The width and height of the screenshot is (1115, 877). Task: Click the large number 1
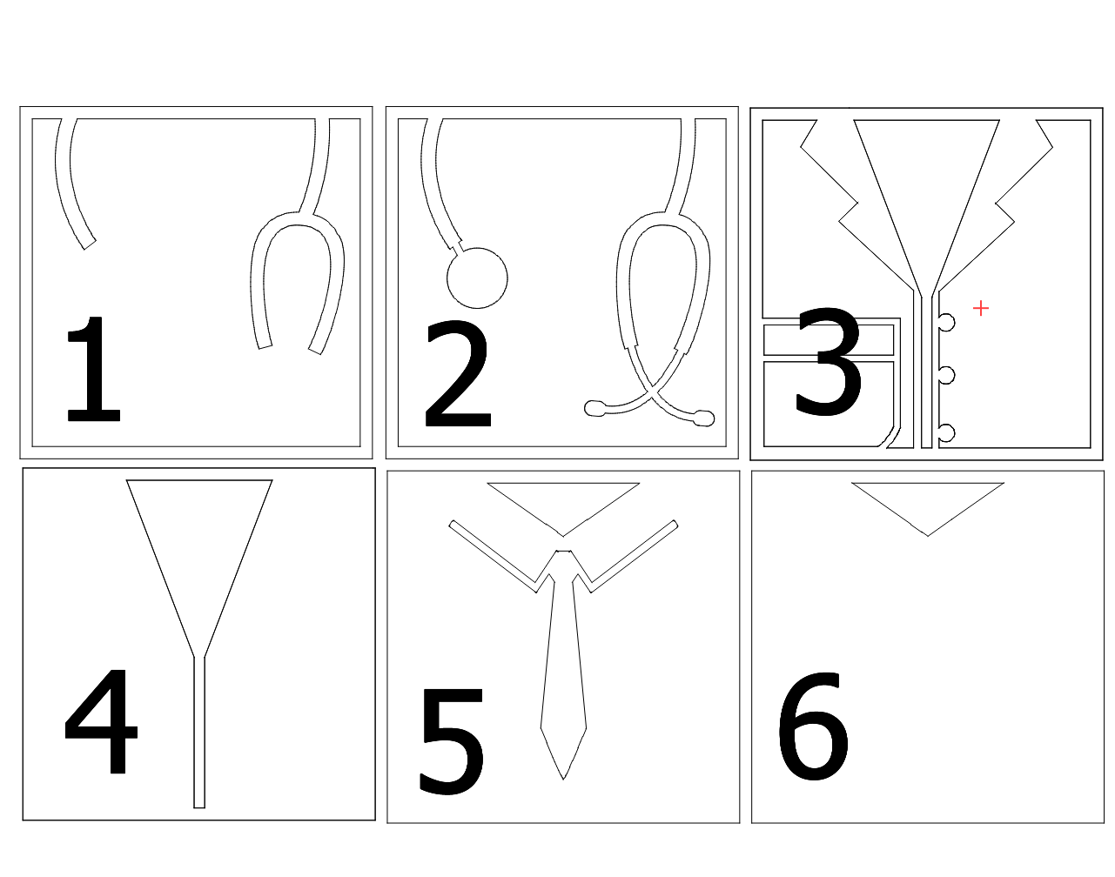pyautogui.click(x=94, y=369)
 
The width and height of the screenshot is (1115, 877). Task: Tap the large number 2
pyautogui.click(x=457, y=373)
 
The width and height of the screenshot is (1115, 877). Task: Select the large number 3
pyautogui.click(x=828, y=362)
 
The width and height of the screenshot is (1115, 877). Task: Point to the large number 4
pyautogui.click(x=101, y=721)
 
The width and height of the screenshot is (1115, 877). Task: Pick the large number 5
pyautogui.click(x=451, y=741)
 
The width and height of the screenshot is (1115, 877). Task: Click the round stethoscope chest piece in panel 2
pyautogui.click(x=477, y=278)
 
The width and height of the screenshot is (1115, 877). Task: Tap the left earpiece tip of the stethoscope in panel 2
pyautogui.click(x=594, y=408)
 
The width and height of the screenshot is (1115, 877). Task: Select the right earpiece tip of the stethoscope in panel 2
pyautogui.click(x=704, y=418)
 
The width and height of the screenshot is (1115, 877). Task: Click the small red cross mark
pyautogui.click(x=981, y=309)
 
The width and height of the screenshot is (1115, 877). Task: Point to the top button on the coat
pyautogui.click(x=947, y=322)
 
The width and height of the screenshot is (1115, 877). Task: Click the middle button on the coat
pyautogui.click(x=947, y=375)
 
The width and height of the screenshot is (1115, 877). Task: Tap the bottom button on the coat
pyautogui.click(x=947, y=433)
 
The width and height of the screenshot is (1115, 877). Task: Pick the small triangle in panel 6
pyautogui.click(x=928, y=501)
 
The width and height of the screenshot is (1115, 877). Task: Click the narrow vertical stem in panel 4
pyautogui.click(x=199, y=732)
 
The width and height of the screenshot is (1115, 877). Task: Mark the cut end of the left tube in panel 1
pyautogui.click(x=90, y=244)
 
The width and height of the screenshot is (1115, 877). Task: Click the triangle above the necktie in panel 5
pyautogui.click(x=563, y=501)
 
